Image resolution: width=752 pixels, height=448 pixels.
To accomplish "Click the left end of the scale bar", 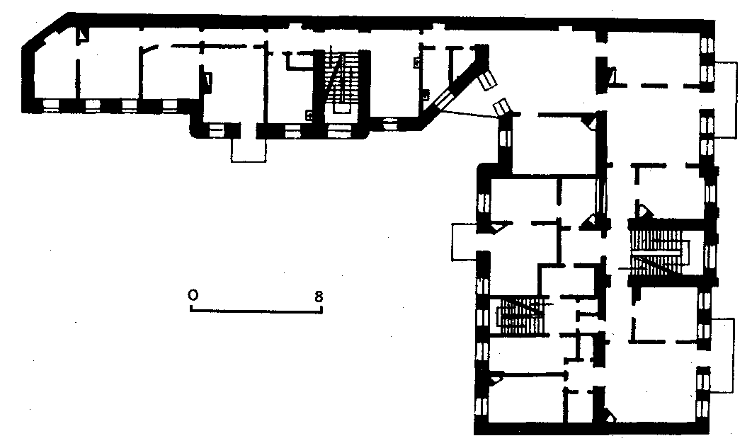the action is (191, 311).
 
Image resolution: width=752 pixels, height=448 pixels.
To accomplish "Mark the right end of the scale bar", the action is (321, 311).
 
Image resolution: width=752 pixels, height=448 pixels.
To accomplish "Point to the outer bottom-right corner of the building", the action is (710, 434).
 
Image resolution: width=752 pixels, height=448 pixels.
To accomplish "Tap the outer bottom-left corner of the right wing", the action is (475, 434).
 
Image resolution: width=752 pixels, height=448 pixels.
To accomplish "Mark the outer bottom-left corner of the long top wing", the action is (23, 113).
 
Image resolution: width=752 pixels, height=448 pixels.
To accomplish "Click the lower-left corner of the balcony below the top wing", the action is (232, 161).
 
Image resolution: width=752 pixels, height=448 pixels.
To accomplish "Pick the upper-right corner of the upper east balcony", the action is (736, 62).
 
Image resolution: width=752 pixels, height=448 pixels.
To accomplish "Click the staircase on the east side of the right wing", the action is (658, 252).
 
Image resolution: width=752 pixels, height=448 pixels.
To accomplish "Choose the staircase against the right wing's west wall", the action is (520, 316).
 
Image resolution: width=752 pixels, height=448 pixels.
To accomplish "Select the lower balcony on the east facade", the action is (722, 355).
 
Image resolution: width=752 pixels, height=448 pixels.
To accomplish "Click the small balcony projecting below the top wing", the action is (249, 150).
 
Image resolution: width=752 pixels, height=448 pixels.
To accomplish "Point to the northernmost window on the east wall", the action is (707, 46).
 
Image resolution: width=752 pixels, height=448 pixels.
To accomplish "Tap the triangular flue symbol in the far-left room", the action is (83, 35).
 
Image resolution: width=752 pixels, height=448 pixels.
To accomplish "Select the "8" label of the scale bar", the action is (319, 297).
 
